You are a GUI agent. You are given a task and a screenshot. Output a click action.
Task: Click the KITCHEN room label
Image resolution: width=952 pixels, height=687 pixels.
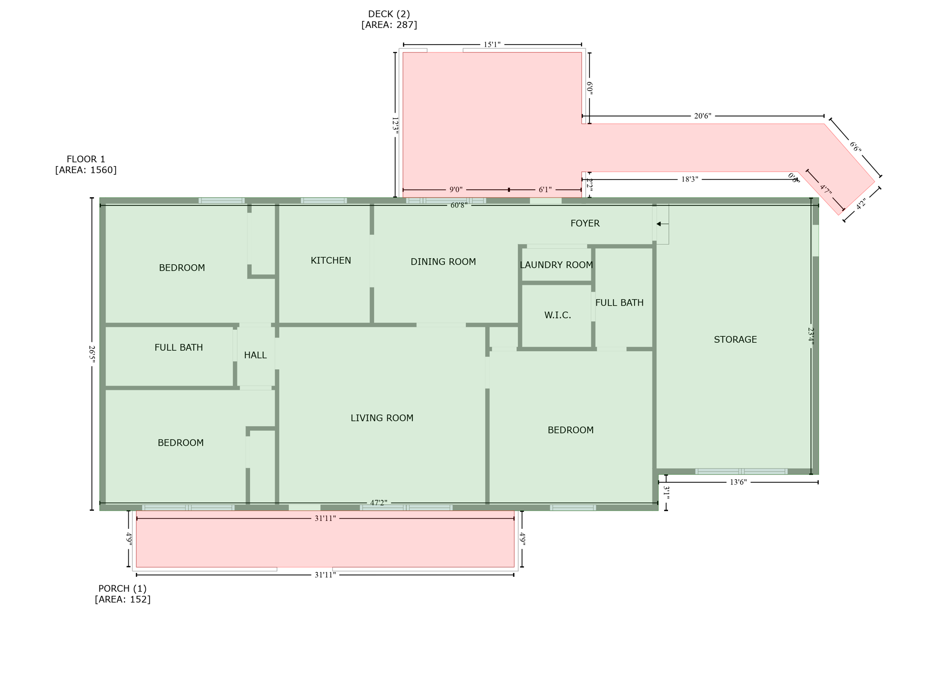[x=331, y=260]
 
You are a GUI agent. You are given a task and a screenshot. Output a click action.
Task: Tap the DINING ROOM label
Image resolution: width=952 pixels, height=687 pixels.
[x=443, y=262]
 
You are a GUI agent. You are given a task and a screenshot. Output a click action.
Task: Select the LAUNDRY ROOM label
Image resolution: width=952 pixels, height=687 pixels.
[x=556, y=265]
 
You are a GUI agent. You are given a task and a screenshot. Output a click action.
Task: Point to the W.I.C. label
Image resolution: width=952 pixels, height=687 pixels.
[x=557, y=315]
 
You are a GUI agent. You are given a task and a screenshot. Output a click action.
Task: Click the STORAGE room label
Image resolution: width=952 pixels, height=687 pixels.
[x=735, y=340]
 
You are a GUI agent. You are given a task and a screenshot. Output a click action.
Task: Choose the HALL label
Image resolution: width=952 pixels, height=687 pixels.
[x=255, y=355]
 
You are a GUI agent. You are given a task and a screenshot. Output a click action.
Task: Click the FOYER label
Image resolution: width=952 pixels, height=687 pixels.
[x=585, y=223]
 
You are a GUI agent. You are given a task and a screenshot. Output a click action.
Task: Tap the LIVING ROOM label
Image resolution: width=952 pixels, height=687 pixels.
[x=382, y=418]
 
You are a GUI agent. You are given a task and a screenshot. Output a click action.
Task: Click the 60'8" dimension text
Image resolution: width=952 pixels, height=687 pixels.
[x=458, y=205]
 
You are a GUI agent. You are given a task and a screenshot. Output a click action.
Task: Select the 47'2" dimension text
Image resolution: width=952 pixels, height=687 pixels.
[x=378, y=503]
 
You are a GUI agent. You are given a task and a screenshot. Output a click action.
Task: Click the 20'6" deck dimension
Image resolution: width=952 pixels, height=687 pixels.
[x=702, y=116]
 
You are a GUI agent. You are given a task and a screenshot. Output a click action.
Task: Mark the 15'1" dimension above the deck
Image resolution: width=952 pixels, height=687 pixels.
[x=492, y=45]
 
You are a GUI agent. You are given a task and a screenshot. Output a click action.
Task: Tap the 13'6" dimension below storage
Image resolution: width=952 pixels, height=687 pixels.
[x=738, y=482]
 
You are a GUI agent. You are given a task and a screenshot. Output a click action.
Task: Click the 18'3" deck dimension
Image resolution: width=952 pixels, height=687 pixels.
[x=689, y=180]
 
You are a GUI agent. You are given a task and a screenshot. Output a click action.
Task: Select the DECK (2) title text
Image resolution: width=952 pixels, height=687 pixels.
[x=389, y=14]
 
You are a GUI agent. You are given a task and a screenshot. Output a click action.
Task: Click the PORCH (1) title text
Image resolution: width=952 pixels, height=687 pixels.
[x=122, y=588]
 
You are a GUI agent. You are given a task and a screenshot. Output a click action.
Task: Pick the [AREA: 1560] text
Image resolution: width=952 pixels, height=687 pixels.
[x=86, y=170]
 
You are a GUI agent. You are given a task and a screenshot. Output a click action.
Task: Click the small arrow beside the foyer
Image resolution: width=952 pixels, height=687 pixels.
[x=660, y=224]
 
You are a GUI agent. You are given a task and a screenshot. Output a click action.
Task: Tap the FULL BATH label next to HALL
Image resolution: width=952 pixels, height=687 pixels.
[x=178, y=347]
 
